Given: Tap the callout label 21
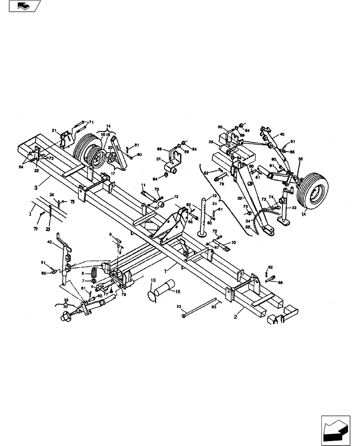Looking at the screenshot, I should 53,130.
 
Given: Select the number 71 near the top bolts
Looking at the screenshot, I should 91,122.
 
